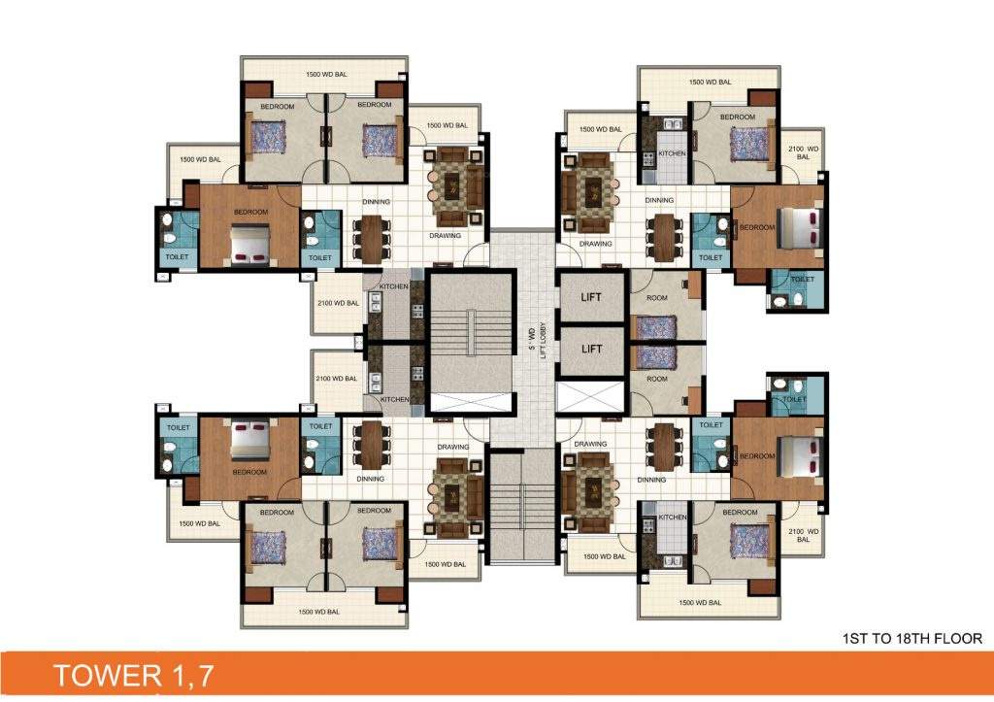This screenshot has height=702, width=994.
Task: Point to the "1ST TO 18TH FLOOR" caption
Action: click(913, 639)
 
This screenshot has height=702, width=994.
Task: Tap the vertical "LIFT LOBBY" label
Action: click(545, 340)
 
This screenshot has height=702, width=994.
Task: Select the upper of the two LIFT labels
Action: click(591, 296)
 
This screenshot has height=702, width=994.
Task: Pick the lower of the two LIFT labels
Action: click(591, 349)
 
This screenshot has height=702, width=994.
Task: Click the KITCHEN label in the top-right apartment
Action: click(672, 153)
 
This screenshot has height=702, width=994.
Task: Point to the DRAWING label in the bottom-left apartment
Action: click(453, 447)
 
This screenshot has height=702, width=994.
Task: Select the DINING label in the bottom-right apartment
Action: click(652, 479)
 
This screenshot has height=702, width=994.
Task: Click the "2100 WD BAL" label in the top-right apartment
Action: click(803, 152)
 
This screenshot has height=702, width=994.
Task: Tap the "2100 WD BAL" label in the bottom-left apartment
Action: click(338, 379)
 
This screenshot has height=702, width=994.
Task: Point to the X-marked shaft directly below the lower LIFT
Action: click(591, 397)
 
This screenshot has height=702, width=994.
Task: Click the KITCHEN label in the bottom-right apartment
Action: click(672, 518)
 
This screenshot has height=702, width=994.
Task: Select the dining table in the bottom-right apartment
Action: click(663, 448)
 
